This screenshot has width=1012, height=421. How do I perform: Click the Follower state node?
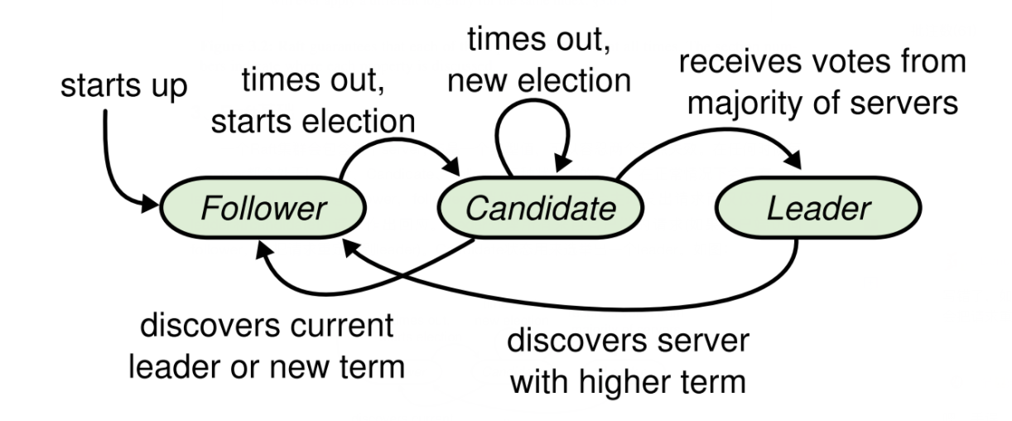263,207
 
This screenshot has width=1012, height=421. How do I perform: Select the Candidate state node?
540,207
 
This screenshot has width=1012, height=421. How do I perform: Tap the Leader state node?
818,207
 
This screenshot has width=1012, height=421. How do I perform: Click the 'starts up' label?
123,85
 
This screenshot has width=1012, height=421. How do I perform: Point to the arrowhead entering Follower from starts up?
150,204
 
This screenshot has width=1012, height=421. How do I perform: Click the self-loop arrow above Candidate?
533,101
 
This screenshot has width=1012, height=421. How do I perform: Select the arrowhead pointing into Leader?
793,160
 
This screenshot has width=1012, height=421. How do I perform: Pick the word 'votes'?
851,61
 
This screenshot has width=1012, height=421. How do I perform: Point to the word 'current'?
342,326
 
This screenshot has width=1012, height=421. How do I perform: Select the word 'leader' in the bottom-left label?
175,367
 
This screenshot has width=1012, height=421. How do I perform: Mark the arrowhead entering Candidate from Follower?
451,167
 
